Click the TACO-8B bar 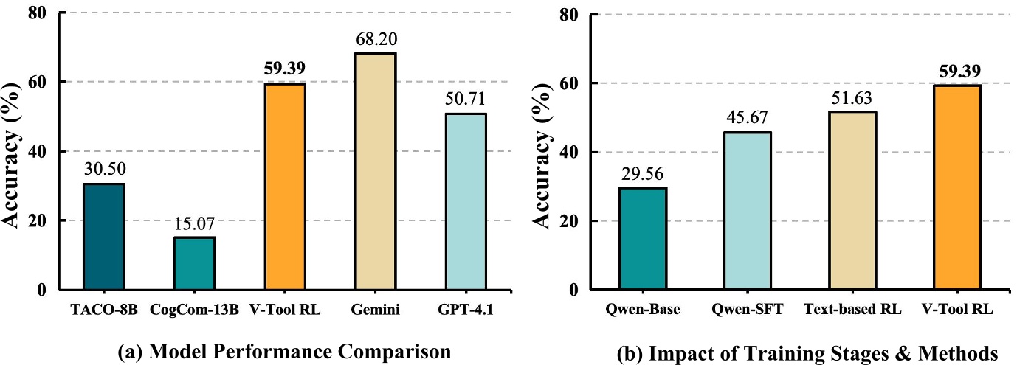[104, 237]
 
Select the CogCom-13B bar [194, 263]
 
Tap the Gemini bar [375, 171]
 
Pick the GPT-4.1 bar [466, 201]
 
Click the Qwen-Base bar [643, 239]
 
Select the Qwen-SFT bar [748, 211]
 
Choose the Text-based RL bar [853, 201]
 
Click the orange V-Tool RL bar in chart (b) [959, 187]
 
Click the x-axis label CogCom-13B [194, 311]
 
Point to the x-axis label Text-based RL [853, 311]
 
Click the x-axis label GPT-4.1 [466, 311]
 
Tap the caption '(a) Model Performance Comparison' [284, 352]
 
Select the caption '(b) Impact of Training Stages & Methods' [806, 352]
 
